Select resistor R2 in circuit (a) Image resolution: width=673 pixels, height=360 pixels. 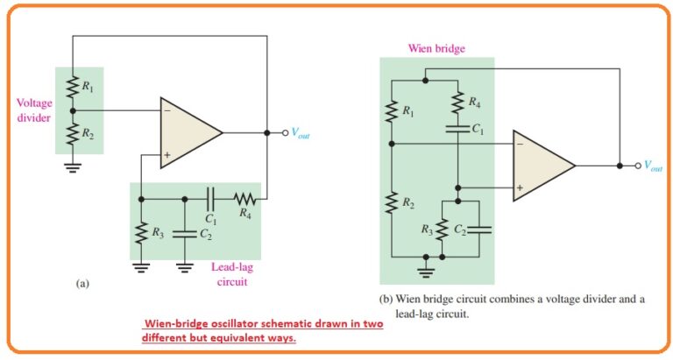tap(74, 134)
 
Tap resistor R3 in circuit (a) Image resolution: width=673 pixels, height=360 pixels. tap(141, 232)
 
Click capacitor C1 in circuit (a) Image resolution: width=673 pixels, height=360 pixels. tap(209, 199)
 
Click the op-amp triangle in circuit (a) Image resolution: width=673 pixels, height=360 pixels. tap(188, 133)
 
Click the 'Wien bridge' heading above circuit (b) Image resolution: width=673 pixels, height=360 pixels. tap(436, 48)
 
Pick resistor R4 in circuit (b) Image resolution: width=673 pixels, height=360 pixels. tap(458, 103)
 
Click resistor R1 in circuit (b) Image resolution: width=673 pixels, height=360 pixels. tap(391, 111)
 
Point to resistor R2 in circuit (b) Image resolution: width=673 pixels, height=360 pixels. tap(391, 203)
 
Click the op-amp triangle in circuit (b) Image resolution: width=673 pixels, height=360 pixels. tap(541, 166)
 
